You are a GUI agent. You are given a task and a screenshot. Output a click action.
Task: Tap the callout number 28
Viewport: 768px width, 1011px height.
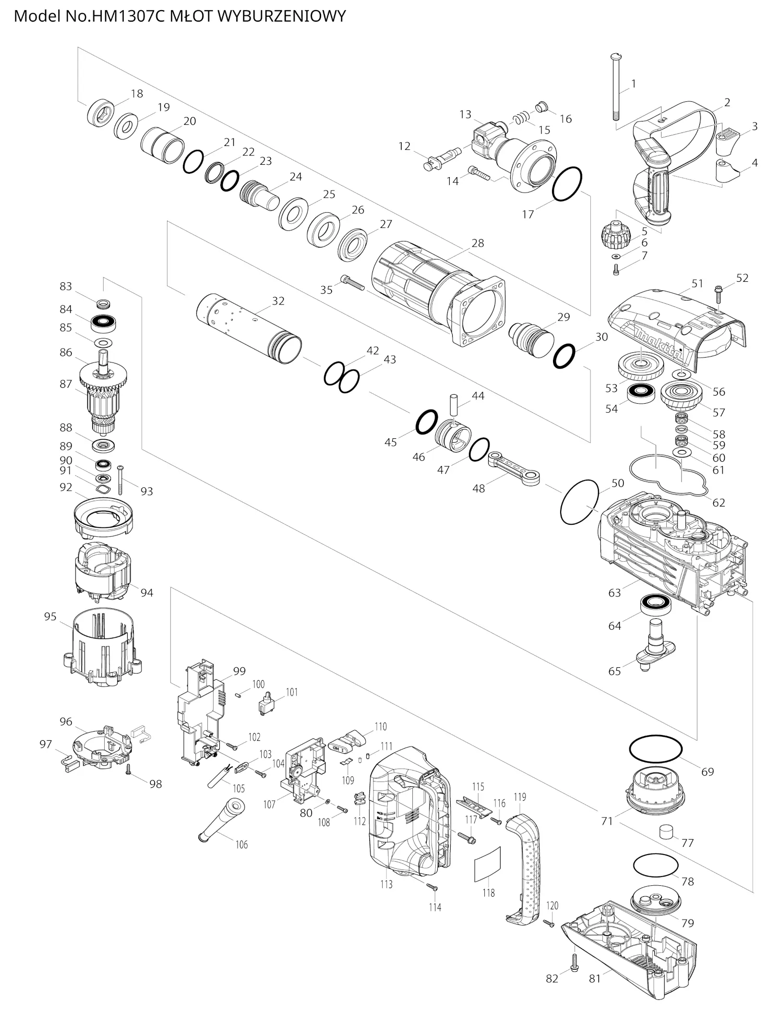478,243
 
